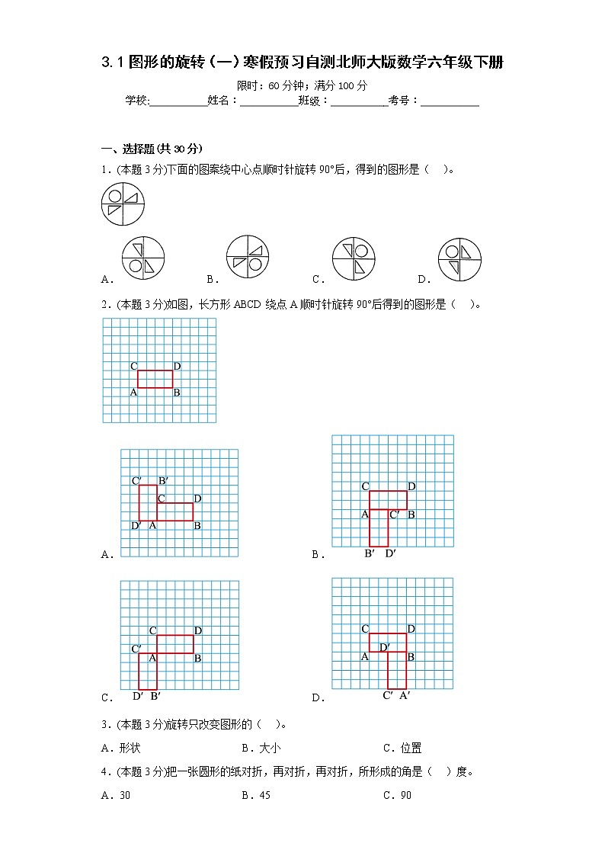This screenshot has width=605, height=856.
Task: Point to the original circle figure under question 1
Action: (123, 204)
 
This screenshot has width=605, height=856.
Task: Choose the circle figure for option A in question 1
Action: (143, 259)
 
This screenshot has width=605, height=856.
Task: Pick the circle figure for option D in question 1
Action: (459, 259)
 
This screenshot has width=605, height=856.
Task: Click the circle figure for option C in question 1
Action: (354, 259)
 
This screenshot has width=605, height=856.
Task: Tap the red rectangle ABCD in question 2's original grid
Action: (155, 379)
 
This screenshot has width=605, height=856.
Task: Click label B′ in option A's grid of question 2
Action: (163, 480)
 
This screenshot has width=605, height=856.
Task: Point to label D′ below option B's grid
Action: (390, 553)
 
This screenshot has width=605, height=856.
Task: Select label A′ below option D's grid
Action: (405, 694)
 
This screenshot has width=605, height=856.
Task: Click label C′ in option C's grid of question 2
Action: (136, 649)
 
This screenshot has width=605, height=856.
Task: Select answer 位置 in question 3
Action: (411, 748)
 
